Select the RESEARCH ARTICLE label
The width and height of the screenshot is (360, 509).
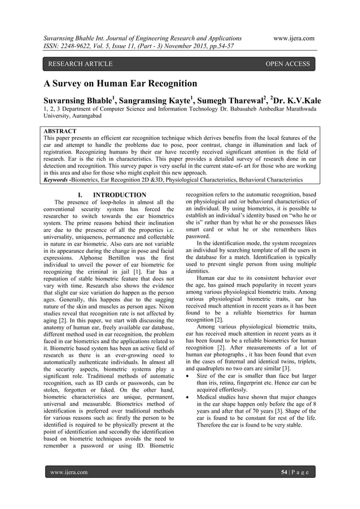click(80, 64)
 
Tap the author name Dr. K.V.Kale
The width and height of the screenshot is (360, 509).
click(299, 100)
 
